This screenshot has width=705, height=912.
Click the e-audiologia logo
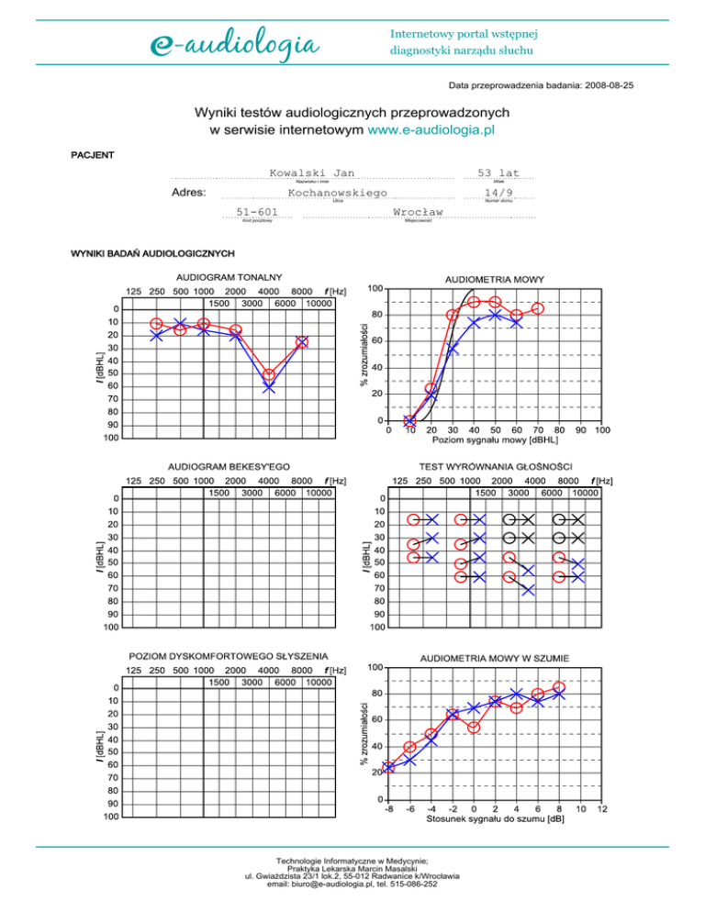pyautogui.click(x=234, y=43)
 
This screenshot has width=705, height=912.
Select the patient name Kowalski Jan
pyautogui.click(x=312, y=172)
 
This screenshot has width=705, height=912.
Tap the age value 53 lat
pyautogui.click(x=497, y=172)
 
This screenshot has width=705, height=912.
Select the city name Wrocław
pyautogui.click(x=418, y=212)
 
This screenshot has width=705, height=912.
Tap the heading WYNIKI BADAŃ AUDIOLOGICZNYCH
pyautogui.click(x=147, y=252)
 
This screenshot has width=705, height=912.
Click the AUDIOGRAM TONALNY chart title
pyautogui.click(x=229, y=276)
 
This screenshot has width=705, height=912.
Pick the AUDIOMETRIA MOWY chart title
pyautogui.click(x=496, y=278)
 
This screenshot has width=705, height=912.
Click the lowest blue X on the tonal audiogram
pyautogui.click(x=269, y=388)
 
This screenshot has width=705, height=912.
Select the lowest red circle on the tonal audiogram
pyautogui.click(x=269, y=375)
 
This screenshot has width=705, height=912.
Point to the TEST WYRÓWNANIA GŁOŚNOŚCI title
pyautogui.click(x=496, y=466)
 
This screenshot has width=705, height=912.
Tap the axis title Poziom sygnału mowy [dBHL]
pyautogui.click(x=496, y=440)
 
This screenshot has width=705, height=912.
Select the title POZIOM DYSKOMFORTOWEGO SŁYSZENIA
pyautogui.click(x=229, y=657)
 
